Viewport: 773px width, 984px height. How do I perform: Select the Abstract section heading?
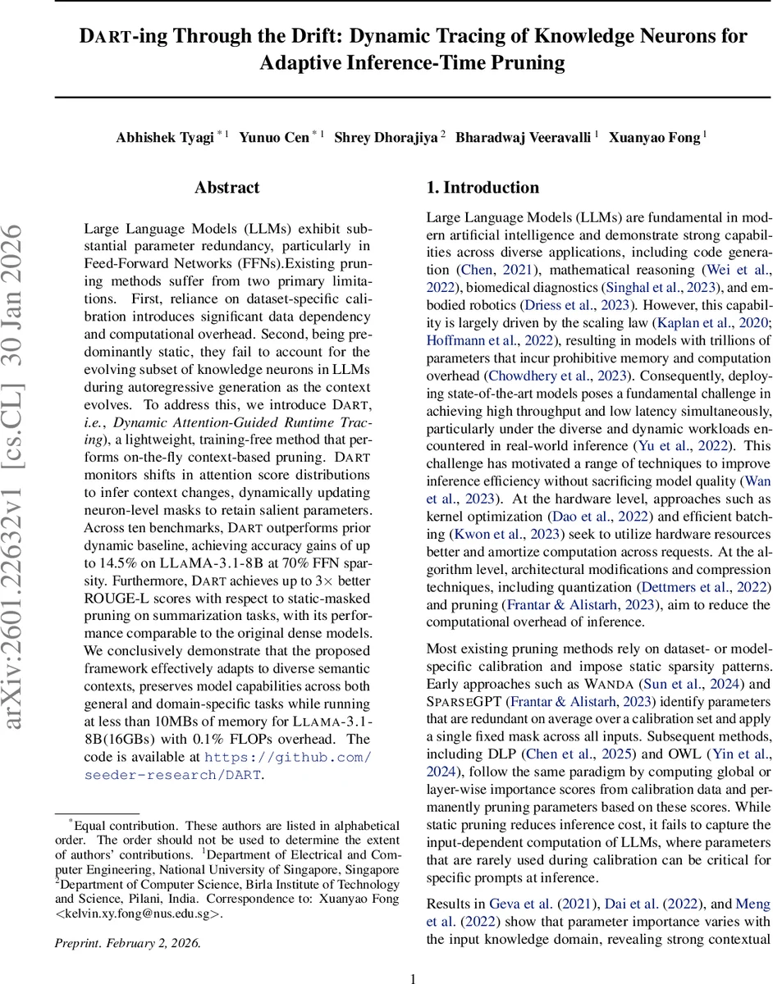[227, 188]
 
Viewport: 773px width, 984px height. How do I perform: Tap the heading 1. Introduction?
[483, 188]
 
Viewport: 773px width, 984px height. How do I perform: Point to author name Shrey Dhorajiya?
[386, 137]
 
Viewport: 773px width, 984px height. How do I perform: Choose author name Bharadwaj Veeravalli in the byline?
[522, 137]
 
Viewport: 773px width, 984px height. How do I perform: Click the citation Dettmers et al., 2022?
[709, 587]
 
